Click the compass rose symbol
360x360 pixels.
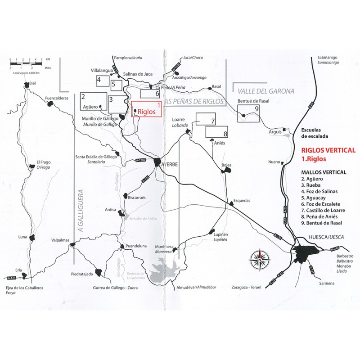pos(260,258)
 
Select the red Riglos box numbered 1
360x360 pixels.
pos(146,109)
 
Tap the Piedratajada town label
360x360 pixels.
pos(82,274)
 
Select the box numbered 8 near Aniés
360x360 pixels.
pos(217,131)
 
